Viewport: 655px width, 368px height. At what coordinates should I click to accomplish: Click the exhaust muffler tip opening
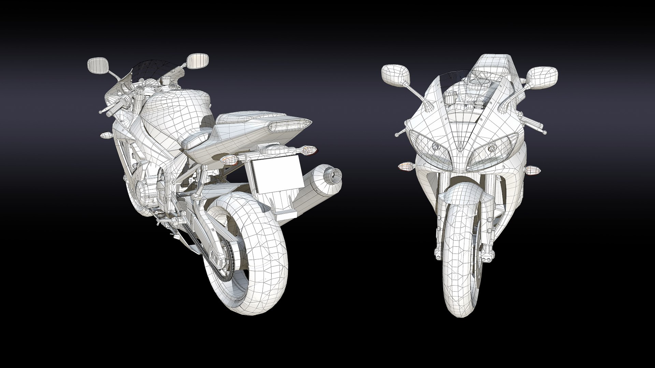(x=333, y=176)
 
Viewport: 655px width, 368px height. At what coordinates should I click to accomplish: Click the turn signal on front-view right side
(x=532, y=169)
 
